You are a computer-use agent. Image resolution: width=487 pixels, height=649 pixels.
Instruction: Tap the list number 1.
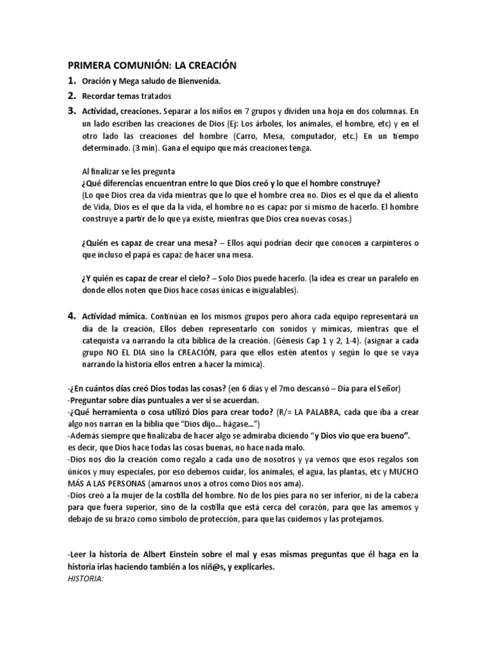tap(72, 81)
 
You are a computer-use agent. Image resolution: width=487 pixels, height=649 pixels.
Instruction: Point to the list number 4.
tap(72, 316)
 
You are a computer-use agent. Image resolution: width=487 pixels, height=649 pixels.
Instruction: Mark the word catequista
tap(101, 341)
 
